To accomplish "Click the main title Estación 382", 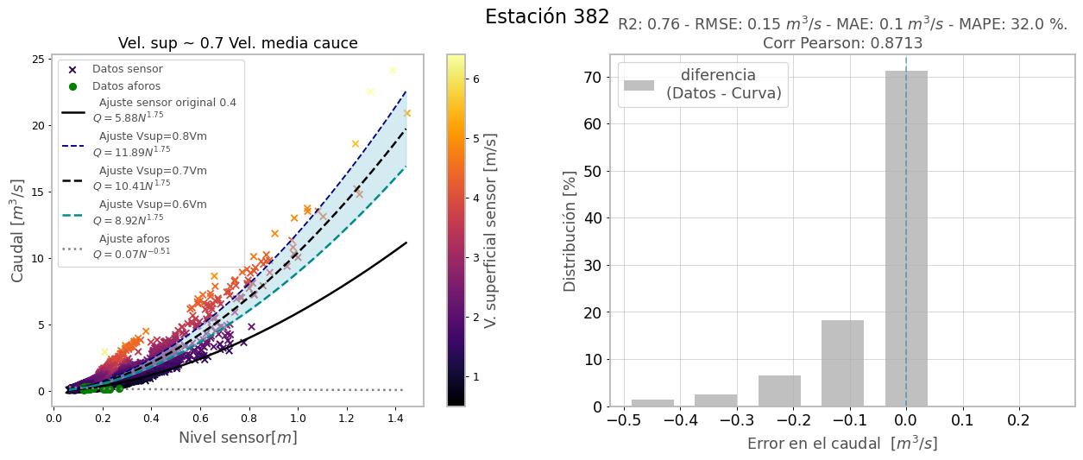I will pos(546,17).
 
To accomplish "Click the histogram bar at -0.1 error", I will pos(842,362).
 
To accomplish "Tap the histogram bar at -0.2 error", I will pos(779,390).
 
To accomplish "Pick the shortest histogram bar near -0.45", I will pos(652,402).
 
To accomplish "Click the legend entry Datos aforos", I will pos(126,86).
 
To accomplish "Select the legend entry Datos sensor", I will pos(127,69).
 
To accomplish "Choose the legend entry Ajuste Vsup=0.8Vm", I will pos(153,136).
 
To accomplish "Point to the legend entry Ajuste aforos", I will pos(134,239).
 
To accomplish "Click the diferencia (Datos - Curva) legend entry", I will pos(723,85).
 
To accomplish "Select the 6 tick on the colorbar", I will pos(476,79).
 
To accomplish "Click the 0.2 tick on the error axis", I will pos(1019,419).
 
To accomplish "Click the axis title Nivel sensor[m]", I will pos(237,438).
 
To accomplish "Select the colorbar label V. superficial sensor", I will pos(491,230).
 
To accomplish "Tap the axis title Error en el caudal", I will pos(841,444).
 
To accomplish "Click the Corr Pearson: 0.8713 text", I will pos(842,43).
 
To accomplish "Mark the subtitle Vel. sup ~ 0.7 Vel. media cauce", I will pos(237,43).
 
